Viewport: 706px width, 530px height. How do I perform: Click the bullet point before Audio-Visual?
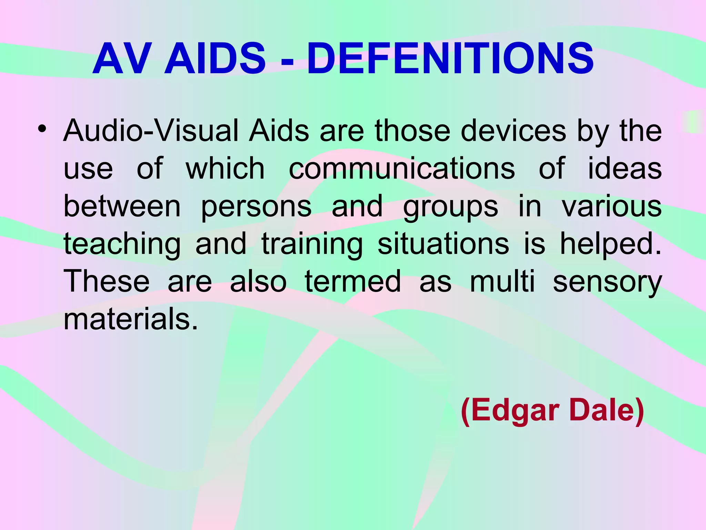click(x=42, y=129)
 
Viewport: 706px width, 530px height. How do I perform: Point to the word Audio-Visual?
click(x=151, y=131)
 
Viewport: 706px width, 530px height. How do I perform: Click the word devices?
click(x=513, y=131)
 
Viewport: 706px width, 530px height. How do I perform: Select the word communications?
click(x=402, y=169)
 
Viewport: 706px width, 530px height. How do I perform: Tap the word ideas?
click(x=624, y=169)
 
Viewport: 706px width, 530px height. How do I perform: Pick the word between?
click(x=122, y=206)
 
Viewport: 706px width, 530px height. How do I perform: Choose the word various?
click(x=612, y=206)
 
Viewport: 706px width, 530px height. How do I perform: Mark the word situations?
click(x=443, y=244)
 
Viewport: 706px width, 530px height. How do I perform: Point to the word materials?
click(x=131, y=319)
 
